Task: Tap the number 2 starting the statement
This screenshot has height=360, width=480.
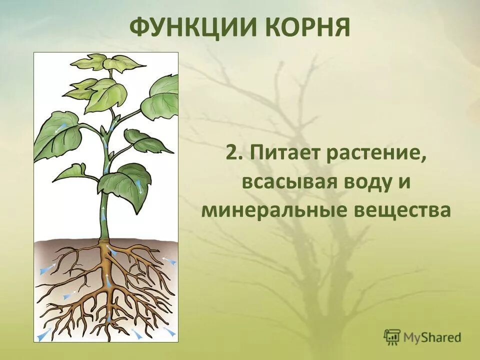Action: tap(231, 153)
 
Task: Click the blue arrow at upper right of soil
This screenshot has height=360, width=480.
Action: tap(169, 260)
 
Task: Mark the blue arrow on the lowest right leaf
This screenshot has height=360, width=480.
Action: tap(139, 187)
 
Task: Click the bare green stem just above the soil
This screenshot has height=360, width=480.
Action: tap(104, 227)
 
